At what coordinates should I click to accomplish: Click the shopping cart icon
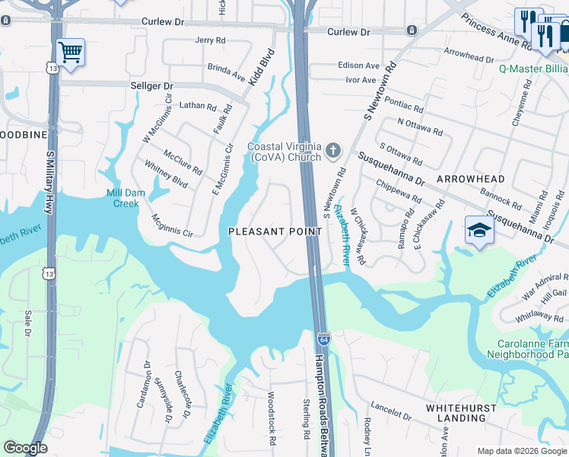point(70,53)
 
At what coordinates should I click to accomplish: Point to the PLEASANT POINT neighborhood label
point(270,231)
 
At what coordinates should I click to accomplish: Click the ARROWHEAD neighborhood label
point(470,178)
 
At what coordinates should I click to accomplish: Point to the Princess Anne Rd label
point(497,31)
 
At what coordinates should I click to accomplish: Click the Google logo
point(25,448)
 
